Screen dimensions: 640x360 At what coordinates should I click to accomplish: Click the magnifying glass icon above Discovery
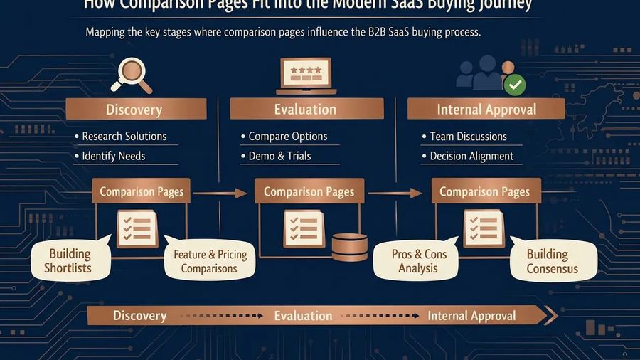[132, 75]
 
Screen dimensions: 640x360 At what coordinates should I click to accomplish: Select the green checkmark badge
[515, 85]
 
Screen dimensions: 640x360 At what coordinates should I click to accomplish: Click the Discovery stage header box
[135, 110]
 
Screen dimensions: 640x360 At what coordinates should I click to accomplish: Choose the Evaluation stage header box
[306, 110]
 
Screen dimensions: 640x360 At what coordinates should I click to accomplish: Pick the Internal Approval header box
[486, 110]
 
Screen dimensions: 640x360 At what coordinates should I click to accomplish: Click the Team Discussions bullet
[468, 137]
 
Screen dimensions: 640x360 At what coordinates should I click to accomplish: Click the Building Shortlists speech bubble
[70, 261]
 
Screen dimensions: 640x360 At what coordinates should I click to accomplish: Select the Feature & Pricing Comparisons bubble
[209, 261]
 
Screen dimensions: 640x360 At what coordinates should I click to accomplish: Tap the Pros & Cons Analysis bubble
[418, 261]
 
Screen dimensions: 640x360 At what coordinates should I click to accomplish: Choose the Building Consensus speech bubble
[552, 261]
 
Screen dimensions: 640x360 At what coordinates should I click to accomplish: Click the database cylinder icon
[350, 247]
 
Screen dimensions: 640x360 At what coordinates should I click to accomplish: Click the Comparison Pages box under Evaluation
[309, 192]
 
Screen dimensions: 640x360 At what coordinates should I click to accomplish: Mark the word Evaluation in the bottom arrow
[303, 316]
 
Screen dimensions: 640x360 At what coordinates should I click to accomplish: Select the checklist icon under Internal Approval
[484, 228]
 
